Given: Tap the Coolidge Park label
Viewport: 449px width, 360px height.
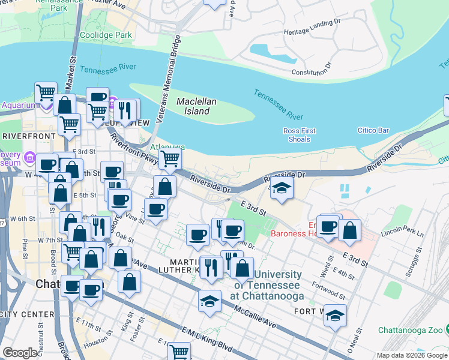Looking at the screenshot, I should [x=106, y=35].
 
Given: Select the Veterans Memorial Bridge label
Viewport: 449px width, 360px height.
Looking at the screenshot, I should [x=168, y=79].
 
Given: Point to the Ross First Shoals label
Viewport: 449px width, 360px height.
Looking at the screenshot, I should [x=298, y=135].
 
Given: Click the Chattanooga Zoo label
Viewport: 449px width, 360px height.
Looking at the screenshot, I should [x=411, y=331].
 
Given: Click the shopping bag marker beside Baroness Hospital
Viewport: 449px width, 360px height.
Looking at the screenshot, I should [x=349, y=230].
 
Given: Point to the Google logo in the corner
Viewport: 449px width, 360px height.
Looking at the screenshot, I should [x=20, y=353].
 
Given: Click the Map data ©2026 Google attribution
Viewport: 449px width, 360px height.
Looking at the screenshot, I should [x=412, y=355].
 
